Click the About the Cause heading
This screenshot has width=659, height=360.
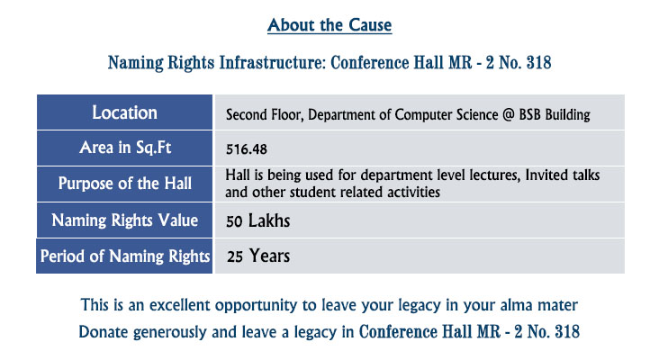tap(329, 25)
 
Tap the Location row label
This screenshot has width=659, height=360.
tap(125, 112)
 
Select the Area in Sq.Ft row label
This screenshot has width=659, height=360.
tap(125, 148)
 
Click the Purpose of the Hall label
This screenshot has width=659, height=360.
tap(125, 184)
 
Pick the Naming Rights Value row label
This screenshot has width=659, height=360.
tap(125, 220)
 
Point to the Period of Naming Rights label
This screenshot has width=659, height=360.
tap(125, 256)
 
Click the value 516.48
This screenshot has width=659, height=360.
tap(247, 149)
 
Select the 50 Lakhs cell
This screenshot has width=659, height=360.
tap(258, 221)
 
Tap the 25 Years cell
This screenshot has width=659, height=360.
tap(258, 256)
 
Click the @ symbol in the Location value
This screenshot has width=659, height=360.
tap(508, 114)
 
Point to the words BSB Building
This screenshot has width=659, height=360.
tap(555, 114)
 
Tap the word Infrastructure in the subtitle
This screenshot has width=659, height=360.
tap(273, 63)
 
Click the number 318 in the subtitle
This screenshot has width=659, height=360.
tap(538, 63)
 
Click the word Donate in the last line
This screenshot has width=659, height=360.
tap(104, 332)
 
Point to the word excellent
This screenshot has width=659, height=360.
tap(180, 305)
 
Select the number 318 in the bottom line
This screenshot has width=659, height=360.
tap(567, 332)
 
